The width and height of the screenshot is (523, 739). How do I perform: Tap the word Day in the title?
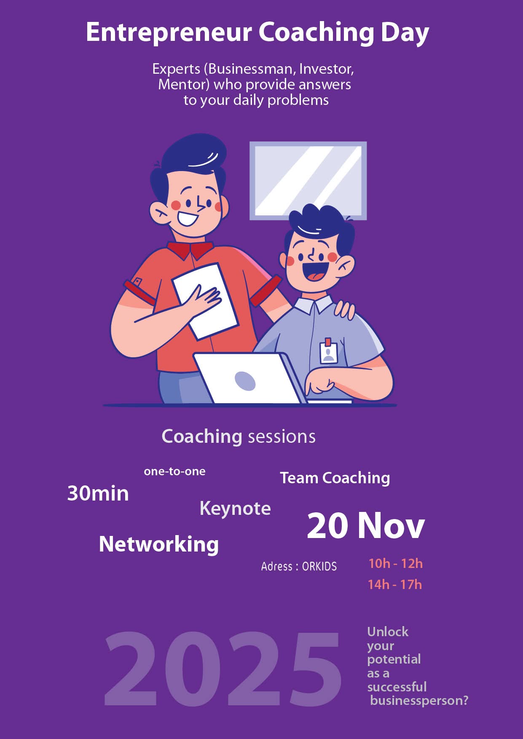[405, 33]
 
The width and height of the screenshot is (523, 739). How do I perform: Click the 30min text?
[98, 493]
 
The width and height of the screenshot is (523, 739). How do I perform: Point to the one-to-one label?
[174, 471]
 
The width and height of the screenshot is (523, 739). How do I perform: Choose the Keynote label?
[235, 509]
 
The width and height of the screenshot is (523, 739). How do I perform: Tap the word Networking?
[159, 544]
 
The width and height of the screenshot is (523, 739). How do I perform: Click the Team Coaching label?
[335, 478]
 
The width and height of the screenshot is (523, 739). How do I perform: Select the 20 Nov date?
[366, 525]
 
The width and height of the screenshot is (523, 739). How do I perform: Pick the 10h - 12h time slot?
[395, 563]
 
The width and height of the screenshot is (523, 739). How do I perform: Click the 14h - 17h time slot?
[395, 584]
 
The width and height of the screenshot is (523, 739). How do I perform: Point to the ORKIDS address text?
[319, 566]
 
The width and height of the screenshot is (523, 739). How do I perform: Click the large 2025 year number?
[223, 669]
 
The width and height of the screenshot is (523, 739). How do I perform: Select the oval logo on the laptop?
[245, 381]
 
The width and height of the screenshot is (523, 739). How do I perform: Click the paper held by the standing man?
[205, 301]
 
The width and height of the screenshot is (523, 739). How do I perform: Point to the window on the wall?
[308, 181]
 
